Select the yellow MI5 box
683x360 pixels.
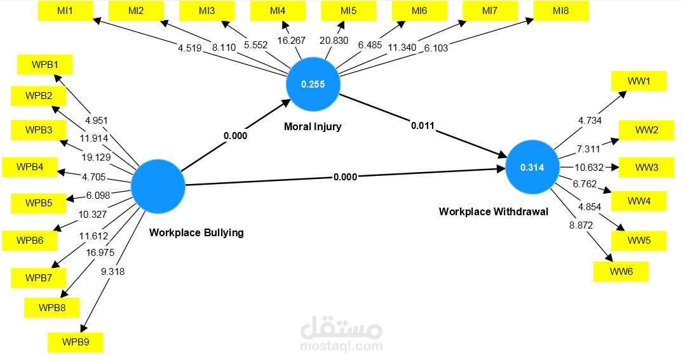[348, 11]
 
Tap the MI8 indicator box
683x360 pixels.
[561, 11]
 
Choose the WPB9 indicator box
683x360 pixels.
[75, 342]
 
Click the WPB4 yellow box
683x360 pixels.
[30, 168]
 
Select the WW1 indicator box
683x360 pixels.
[638, 81]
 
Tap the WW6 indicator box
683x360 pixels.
[621, 272]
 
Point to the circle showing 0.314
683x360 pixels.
[532, 168]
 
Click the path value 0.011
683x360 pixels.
[423, 126]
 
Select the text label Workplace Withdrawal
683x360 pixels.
[493, 211]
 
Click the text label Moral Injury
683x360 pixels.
[313, 126]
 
